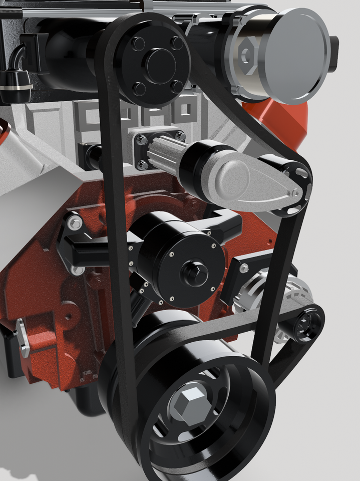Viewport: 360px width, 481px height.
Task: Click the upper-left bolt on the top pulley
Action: (x=138, y=44)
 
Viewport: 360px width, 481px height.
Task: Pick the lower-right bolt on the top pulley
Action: (x=177, y=86)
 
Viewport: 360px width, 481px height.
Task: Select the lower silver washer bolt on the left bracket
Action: (x=77, y=270)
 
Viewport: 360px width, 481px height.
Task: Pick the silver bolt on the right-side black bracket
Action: (x=244, y=269)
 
